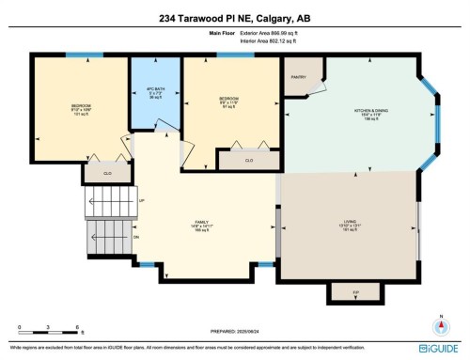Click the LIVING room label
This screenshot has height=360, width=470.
point(349,222)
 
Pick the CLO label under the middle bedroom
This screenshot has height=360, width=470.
point(248,161)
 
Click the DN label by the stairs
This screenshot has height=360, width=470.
point(136,237)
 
